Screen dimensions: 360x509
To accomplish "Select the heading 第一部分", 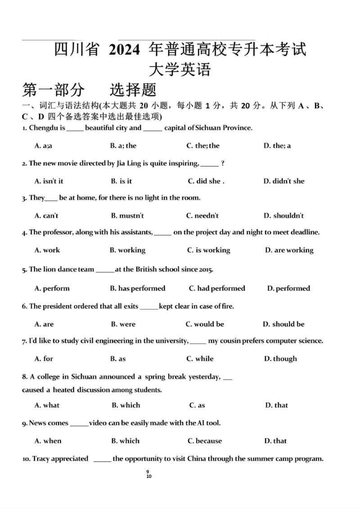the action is (53, 90).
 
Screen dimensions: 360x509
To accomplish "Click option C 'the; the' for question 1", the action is (203, 146).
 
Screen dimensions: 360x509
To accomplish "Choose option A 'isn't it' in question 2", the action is (49, 181).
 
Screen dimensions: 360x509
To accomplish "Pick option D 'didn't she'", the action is (284, 181).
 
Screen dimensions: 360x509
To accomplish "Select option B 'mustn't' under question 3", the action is (127, 215).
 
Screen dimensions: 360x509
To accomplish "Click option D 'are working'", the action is (289, 250).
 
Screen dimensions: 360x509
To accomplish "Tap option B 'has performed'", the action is (138, 288).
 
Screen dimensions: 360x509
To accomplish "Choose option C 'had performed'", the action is (217, 288).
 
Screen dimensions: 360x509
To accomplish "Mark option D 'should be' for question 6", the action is (283, 324).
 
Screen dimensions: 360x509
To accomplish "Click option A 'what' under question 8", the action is (47, 405).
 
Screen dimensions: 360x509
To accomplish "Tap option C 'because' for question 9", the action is (205, 441).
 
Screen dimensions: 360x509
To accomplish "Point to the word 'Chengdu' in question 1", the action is (43, 128).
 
